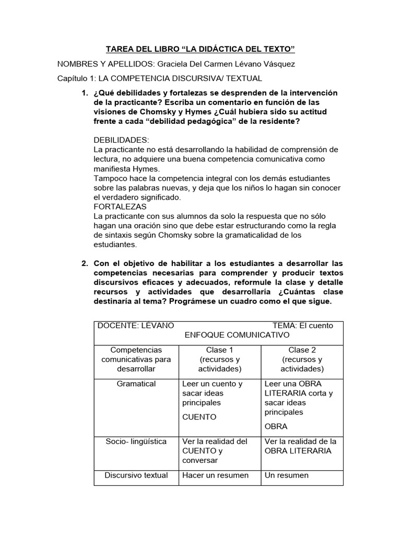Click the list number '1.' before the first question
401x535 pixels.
pyautogui.click(x=84, y=93)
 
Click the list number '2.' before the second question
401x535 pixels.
pyautogui.click(x=84, y=263)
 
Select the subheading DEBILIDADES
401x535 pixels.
pyautogui.click(x=121, y=141)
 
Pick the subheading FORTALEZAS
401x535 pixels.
pyautogui.click(x=120, y=206)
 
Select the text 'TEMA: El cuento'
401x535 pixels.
pyautogui.click(x=303, y=325)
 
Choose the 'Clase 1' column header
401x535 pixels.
pyautogui.click(x=220, y=350)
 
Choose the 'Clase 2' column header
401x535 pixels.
pyautogui.click(x=302, y=350)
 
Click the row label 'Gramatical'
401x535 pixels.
pyautogui.click(x=137, y=384)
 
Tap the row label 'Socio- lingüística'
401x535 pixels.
pyautogui.click(x=136, y=441)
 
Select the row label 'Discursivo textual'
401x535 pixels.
pyautogui.click(x=136, y=475)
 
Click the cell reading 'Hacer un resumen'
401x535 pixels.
pyautogui.click(x=215, y=475)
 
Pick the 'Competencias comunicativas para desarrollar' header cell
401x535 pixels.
pyautogui.click(x=136, y=359)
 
